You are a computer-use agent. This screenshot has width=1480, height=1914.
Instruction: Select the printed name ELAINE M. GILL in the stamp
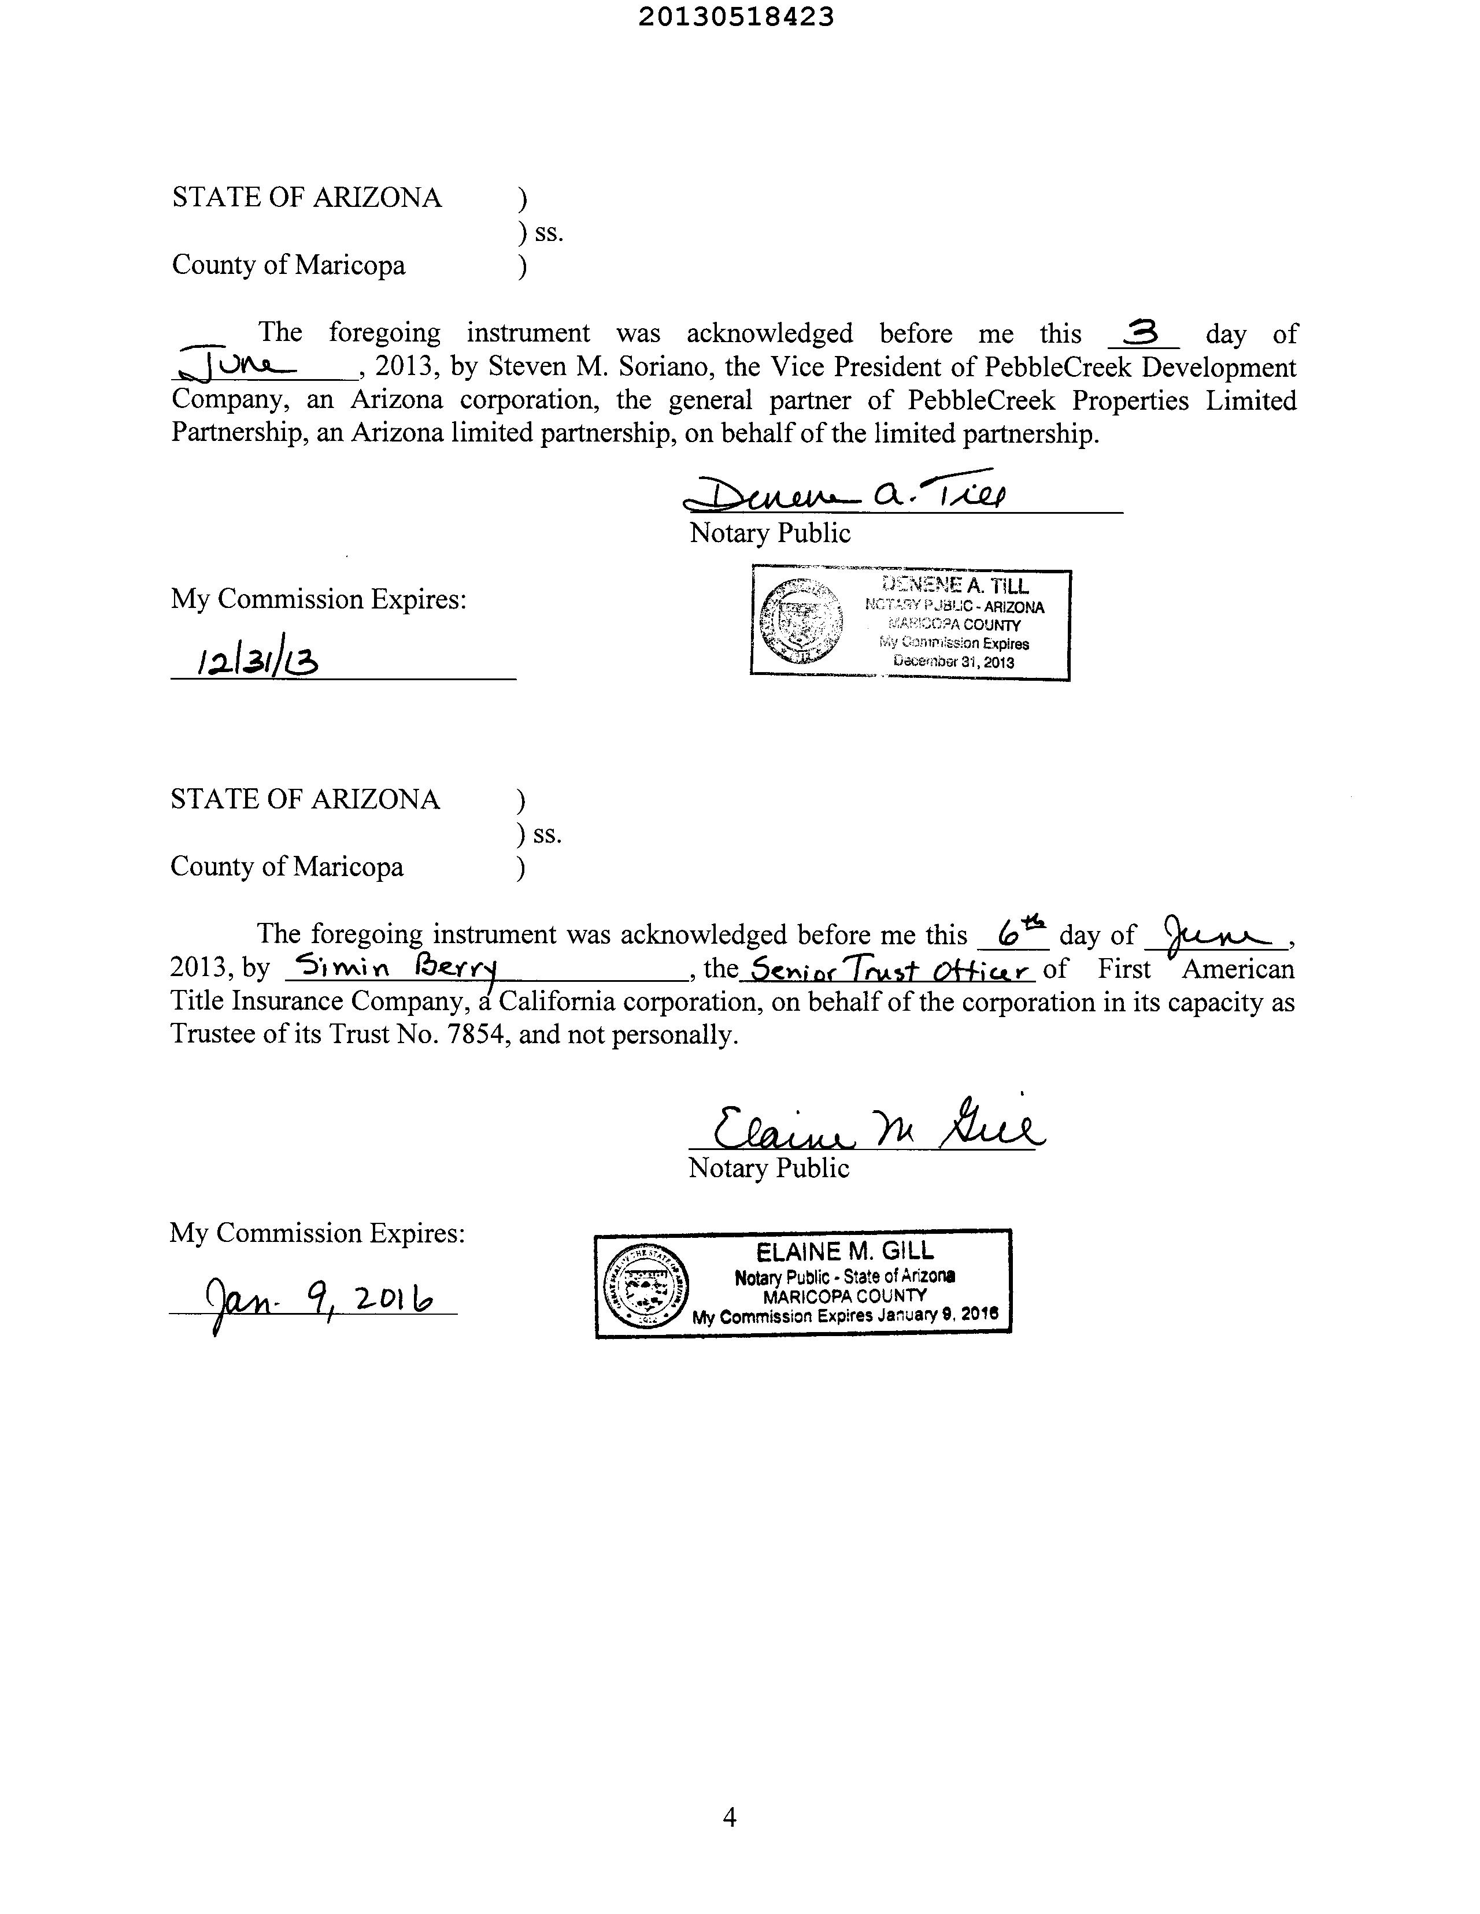pos(845,1252)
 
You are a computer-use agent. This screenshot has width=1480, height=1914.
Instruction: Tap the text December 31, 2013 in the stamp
pos(953,662)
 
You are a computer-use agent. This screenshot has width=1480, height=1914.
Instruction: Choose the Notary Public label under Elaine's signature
pos(769,1168)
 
